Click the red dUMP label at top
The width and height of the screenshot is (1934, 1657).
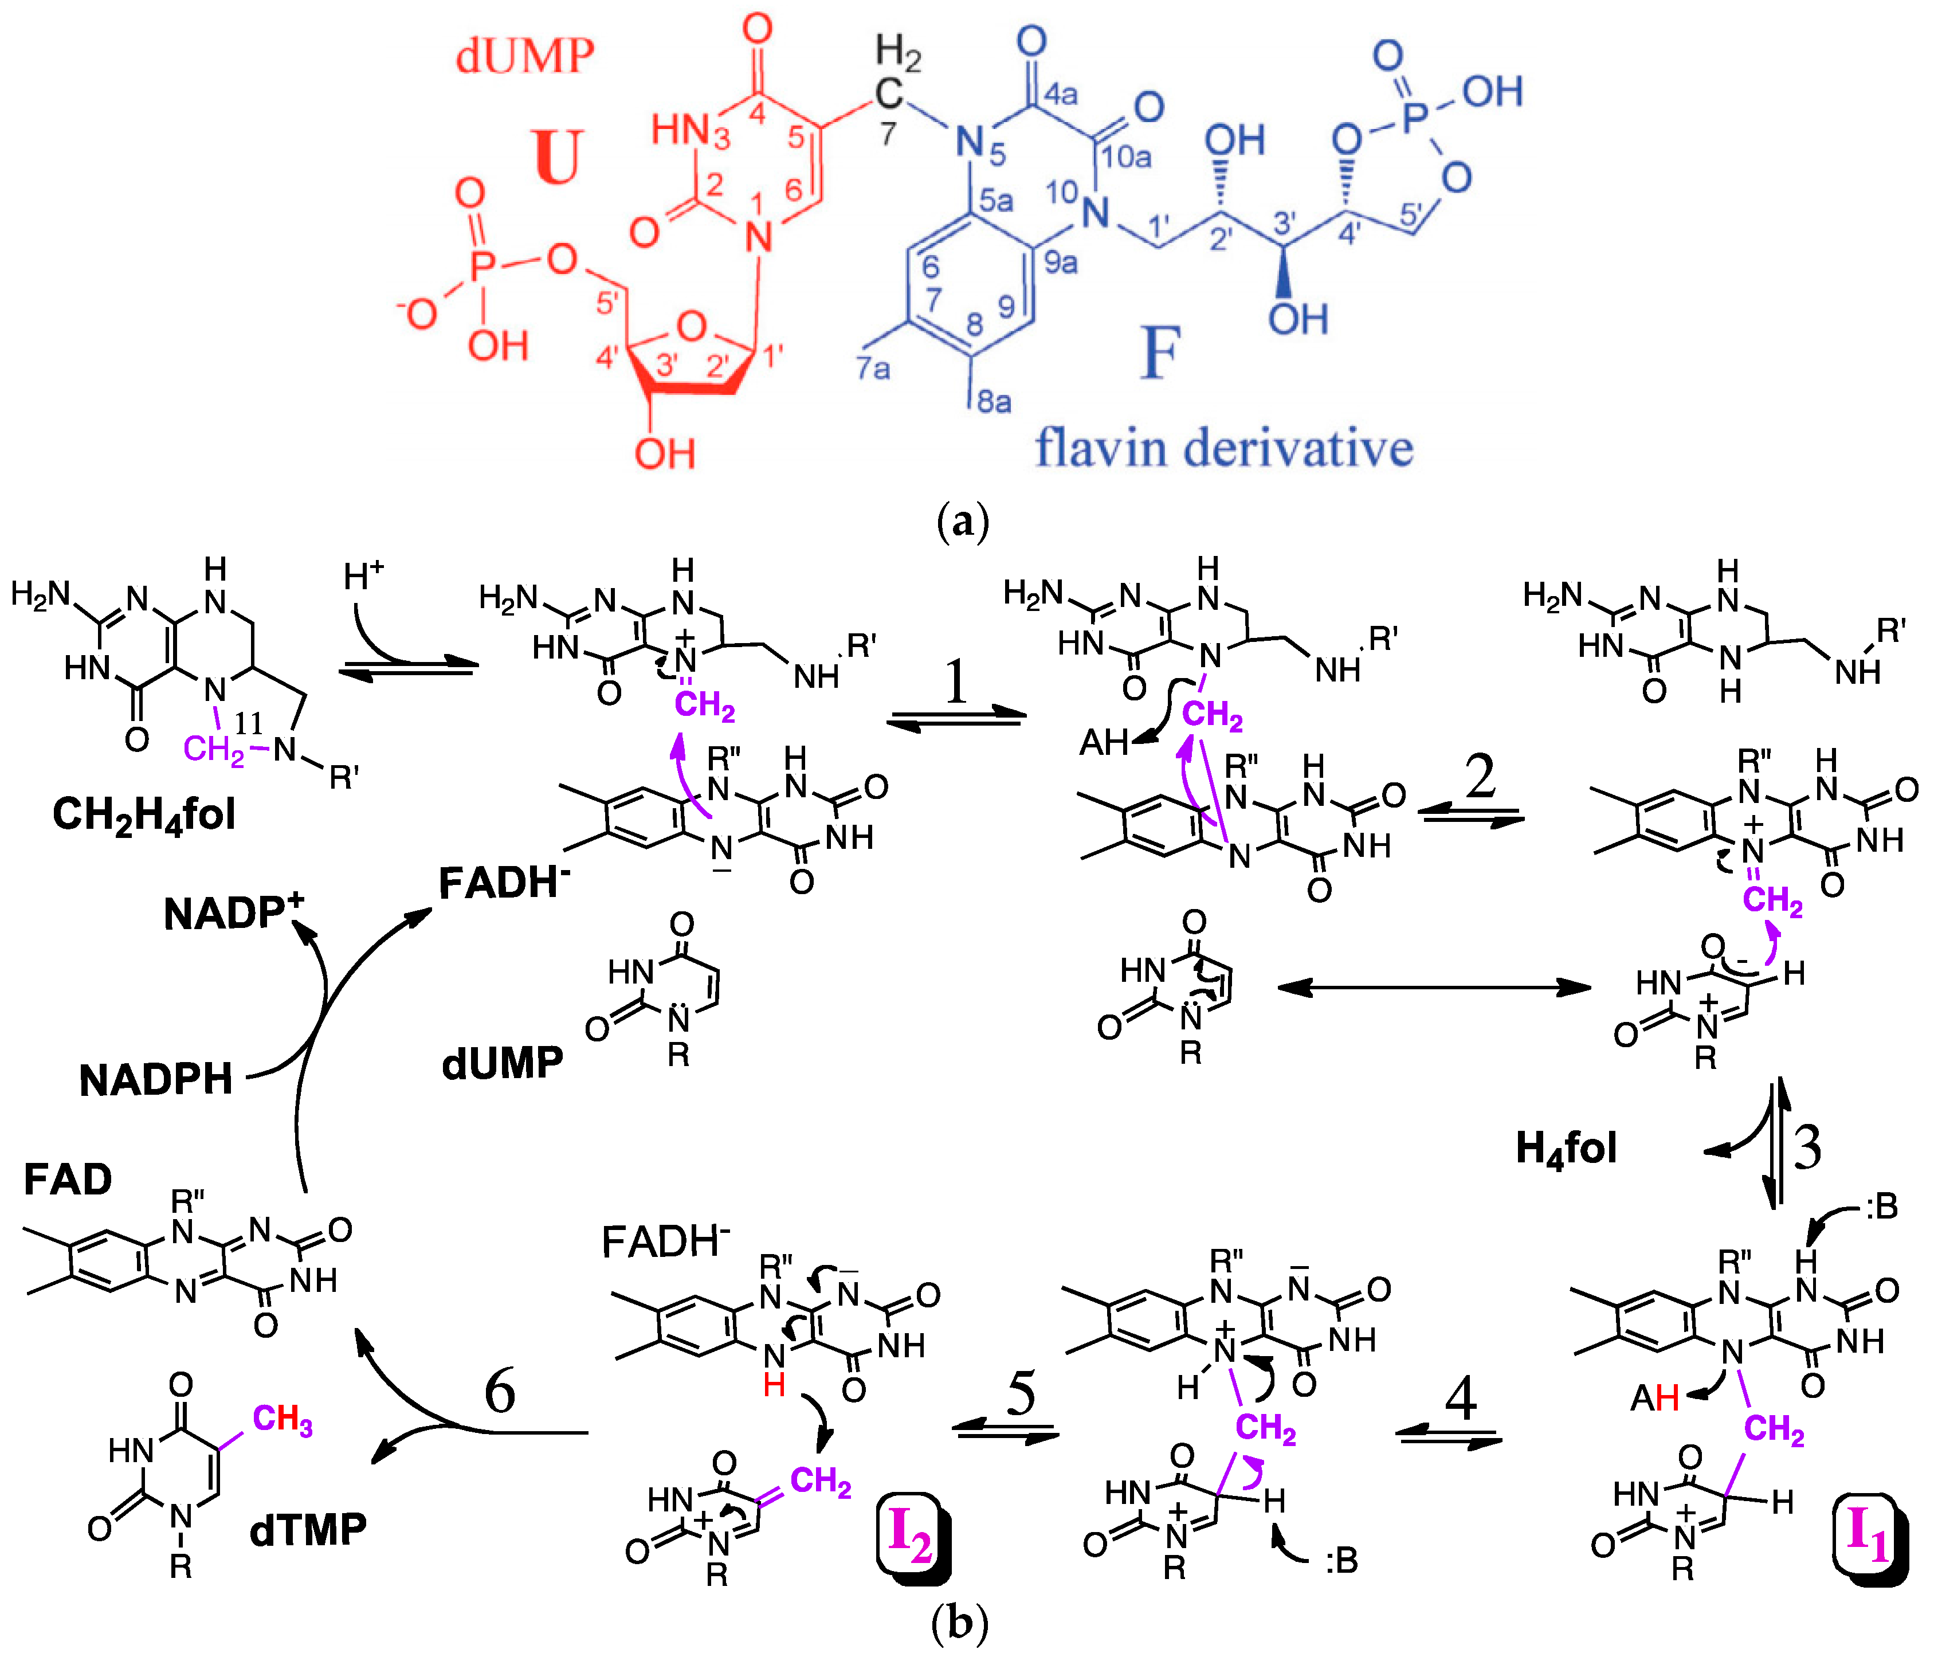(x=524, y=56)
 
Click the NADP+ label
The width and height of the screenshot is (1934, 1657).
(x=233, y=913)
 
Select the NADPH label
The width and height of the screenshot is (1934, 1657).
(x=156, y=1080)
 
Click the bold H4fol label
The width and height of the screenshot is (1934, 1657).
(x=1566, y=1148)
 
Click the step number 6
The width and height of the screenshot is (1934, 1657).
(x=499, y=1391)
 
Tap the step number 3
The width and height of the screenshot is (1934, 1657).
(x=1808, y=1147)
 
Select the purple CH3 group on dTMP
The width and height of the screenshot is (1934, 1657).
(x=282, y=1419)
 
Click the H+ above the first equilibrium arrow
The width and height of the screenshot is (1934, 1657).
(x=363, y=576)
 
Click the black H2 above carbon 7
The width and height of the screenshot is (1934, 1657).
(x=898, y=53)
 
